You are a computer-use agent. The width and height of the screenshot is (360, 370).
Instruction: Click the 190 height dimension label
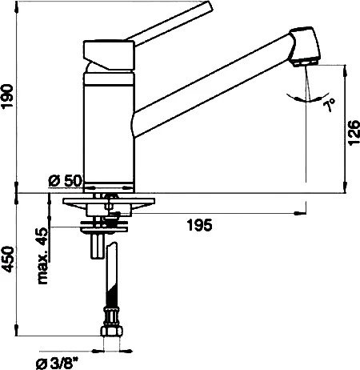tap(7, 96)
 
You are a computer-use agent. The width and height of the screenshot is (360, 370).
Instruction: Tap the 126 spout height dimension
tap(354, 133)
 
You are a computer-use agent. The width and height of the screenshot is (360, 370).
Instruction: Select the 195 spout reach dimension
tap(200, 225)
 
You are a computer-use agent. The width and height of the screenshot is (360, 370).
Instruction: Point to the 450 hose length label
tap(7, 259)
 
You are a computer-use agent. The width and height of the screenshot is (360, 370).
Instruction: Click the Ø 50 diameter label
tap(65, 181)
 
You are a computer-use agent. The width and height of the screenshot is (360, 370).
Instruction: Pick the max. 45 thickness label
tap(42, 255)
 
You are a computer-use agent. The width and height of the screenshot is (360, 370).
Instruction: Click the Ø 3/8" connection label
tap(57, 364)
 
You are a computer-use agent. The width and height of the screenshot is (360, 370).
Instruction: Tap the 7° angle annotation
tap(329, 105)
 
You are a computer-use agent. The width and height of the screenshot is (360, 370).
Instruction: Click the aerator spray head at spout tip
tap(305, 46)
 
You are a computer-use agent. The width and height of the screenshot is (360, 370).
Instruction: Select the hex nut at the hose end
tap(112, 331)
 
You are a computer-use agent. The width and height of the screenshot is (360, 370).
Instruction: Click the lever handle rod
tap(169, 24)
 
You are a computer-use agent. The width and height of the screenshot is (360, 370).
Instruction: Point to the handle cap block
tap(109, 55)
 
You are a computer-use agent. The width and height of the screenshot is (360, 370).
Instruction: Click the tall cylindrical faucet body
tap(109, 133)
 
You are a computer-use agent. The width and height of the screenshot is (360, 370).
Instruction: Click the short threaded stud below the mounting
tap(97, 246)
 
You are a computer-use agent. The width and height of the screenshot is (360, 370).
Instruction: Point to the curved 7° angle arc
tap(307, 99)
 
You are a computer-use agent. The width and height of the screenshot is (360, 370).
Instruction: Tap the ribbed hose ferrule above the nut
tap(112, 316)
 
